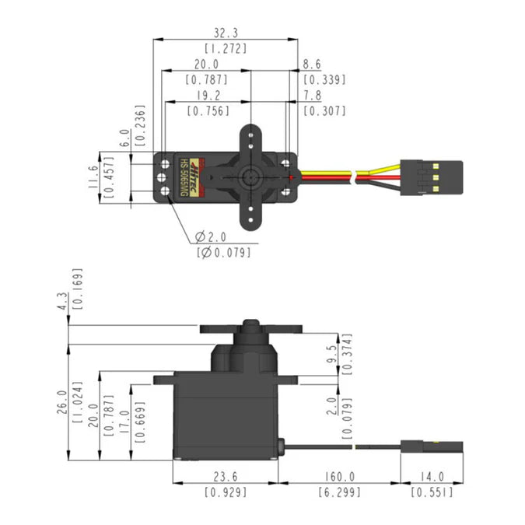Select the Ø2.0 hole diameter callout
point(211,236)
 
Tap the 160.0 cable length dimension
point(340,477)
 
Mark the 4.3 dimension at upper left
point(63,301)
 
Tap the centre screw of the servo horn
point(251,176)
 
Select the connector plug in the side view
point(432,447)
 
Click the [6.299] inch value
point(340,492)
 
